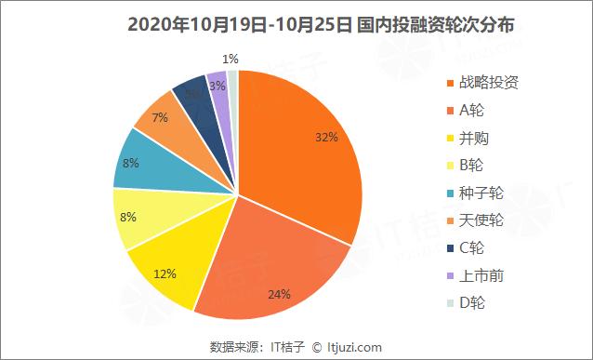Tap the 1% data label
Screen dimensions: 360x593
229,60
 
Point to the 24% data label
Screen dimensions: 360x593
280,295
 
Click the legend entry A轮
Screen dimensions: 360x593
472,110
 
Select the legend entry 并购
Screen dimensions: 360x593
473,138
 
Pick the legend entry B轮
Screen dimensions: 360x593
472,166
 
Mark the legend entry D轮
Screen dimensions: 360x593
472,302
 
